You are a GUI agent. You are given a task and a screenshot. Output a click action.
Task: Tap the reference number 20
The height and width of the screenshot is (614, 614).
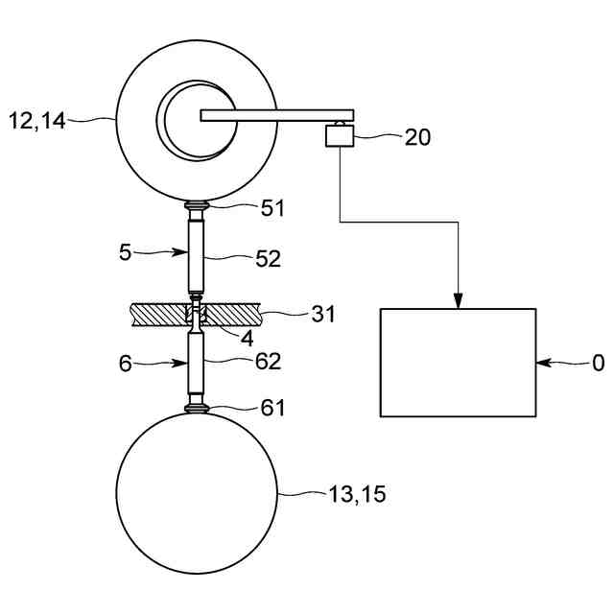coord(417,137)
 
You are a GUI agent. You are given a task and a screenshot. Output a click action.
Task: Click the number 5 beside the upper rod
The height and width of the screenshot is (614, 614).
coord(125,252)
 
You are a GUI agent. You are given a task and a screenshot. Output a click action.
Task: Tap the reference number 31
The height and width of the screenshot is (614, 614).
coord(323,314)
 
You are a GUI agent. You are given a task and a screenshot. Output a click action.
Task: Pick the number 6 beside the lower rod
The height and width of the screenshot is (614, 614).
coord(125,364)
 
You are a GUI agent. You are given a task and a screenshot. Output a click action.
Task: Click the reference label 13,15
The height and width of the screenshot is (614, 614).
coord(357,495)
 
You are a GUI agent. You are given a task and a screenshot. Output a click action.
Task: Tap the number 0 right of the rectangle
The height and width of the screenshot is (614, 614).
coord(598,364)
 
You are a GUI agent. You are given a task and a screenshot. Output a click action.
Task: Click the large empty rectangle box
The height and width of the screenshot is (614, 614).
coord(458,363)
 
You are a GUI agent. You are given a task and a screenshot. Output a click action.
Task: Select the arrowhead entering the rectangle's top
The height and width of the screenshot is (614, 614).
coord(459,301)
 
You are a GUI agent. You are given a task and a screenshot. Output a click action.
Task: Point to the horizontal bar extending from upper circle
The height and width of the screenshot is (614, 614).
coord(278,116)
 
